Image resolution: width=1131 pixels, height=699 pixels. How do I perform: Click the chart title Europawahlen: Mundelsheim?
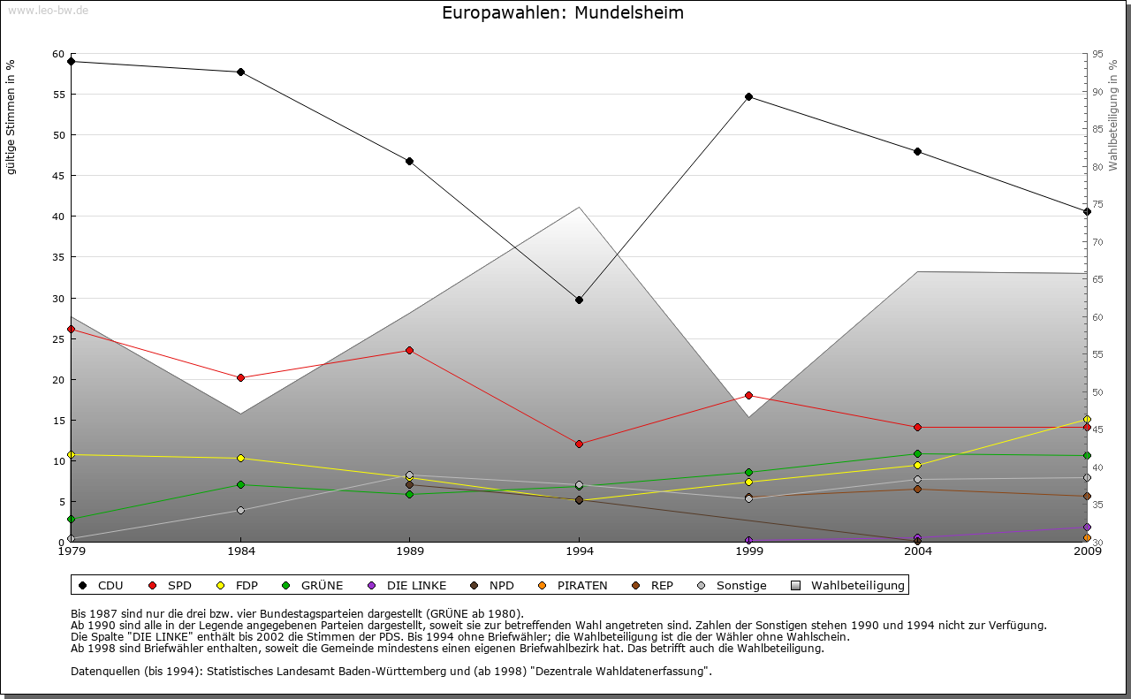(x=563, y=13)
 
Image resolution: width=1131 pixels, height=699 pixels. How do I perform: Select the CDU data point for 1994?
(x=579, y=300)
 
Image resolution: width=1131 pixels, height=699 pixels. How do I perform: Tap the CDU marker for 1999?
(x=748, y=96)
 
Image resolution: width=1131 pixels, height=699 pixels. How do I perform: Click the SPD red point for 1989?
(x=409, y=350)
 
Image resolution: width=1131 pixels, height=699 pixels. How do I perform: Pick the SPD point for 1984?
(x=240, y=377)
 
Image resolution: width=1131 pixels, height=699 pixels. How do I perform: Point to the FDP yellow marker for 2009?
(x=1087, y=419)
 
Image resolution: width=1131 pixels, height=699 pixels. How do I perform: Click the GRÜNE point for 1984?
(x=240, y=484)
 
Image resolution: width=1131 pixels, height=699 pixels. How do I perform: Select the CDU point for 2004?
(x=918, y=151)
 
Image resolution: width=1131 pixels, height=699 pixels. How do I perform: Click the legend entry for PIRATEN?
(x=582, y=585)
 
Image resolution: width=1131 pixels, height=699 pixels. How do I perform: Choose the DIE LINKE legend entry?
(x=416, y=585)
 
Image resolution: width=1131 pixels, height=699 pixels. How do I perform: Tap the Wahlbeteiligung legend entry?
(x=857, y=585)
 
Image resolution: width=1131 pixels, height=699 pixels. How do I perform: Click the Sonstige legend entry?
(x=741, y=585)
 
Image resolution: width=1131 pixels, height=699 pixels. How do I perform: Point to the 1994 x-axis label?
(x=580, y=552)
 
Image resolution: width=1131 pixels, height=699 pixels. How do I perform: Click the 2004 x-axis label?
(x=918, y=552)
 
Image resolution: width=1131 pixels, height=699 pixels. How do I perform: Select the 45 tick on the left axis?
(x=58, y=176)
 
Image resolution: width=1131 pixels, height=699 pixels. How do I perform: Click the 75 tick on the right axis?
(x=1097, y=204)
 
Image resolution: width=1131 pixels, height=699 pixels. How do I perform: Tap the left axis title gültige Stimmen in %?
(x=11, y=117)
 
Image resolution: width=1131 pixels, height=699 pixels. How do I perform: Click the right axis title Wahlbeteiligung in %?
(x=1113, y=116)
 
